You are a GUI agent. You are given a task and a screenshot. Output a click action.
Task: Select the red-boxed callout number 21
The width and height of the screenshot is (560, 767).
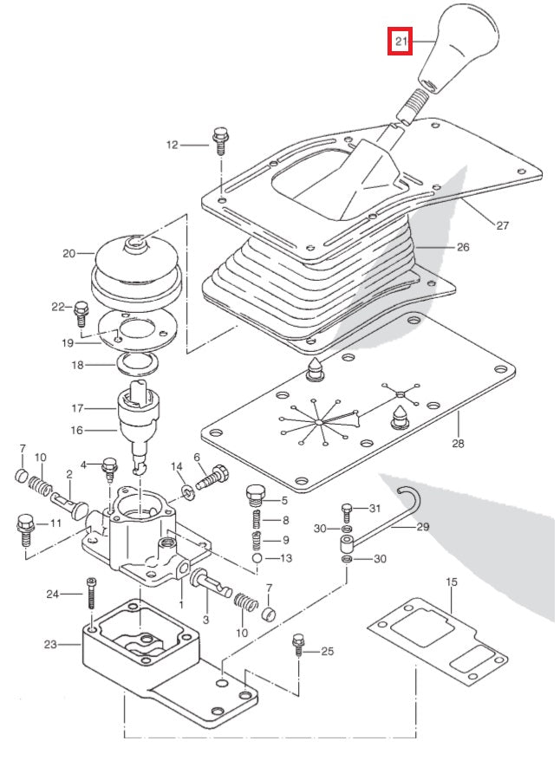coord(400,40)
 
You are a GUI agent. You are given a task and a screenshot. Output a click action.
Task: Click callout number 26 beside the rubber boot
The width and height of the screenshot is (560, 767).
coord(462,247)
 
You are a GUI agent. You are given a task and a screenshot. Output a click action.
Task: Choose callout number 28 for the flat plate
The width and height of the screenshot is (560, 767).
coord(458,444)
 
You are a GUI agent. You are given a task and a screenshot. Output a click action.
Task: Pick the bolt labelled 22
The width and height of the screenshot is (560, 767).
coord(82,310)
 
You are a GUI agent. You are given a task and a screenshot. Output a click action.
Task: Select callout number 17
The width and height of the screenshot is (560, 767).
coord(77,406)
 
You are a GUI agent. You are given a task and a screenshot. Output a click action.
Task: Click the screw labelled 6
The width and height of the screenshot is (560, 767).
coord(212,476)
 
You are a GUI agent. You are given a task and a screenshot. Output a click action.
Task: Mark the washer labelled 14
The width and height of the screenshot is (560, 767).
coord(187,493)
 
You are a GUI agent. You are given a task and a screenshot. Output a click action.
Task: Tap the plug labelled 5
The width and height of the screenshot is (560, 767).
coord(255,496)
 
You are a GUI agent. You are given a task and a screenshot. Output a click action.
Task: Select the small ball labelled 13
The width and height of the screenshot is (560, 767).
coord(259,559)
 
